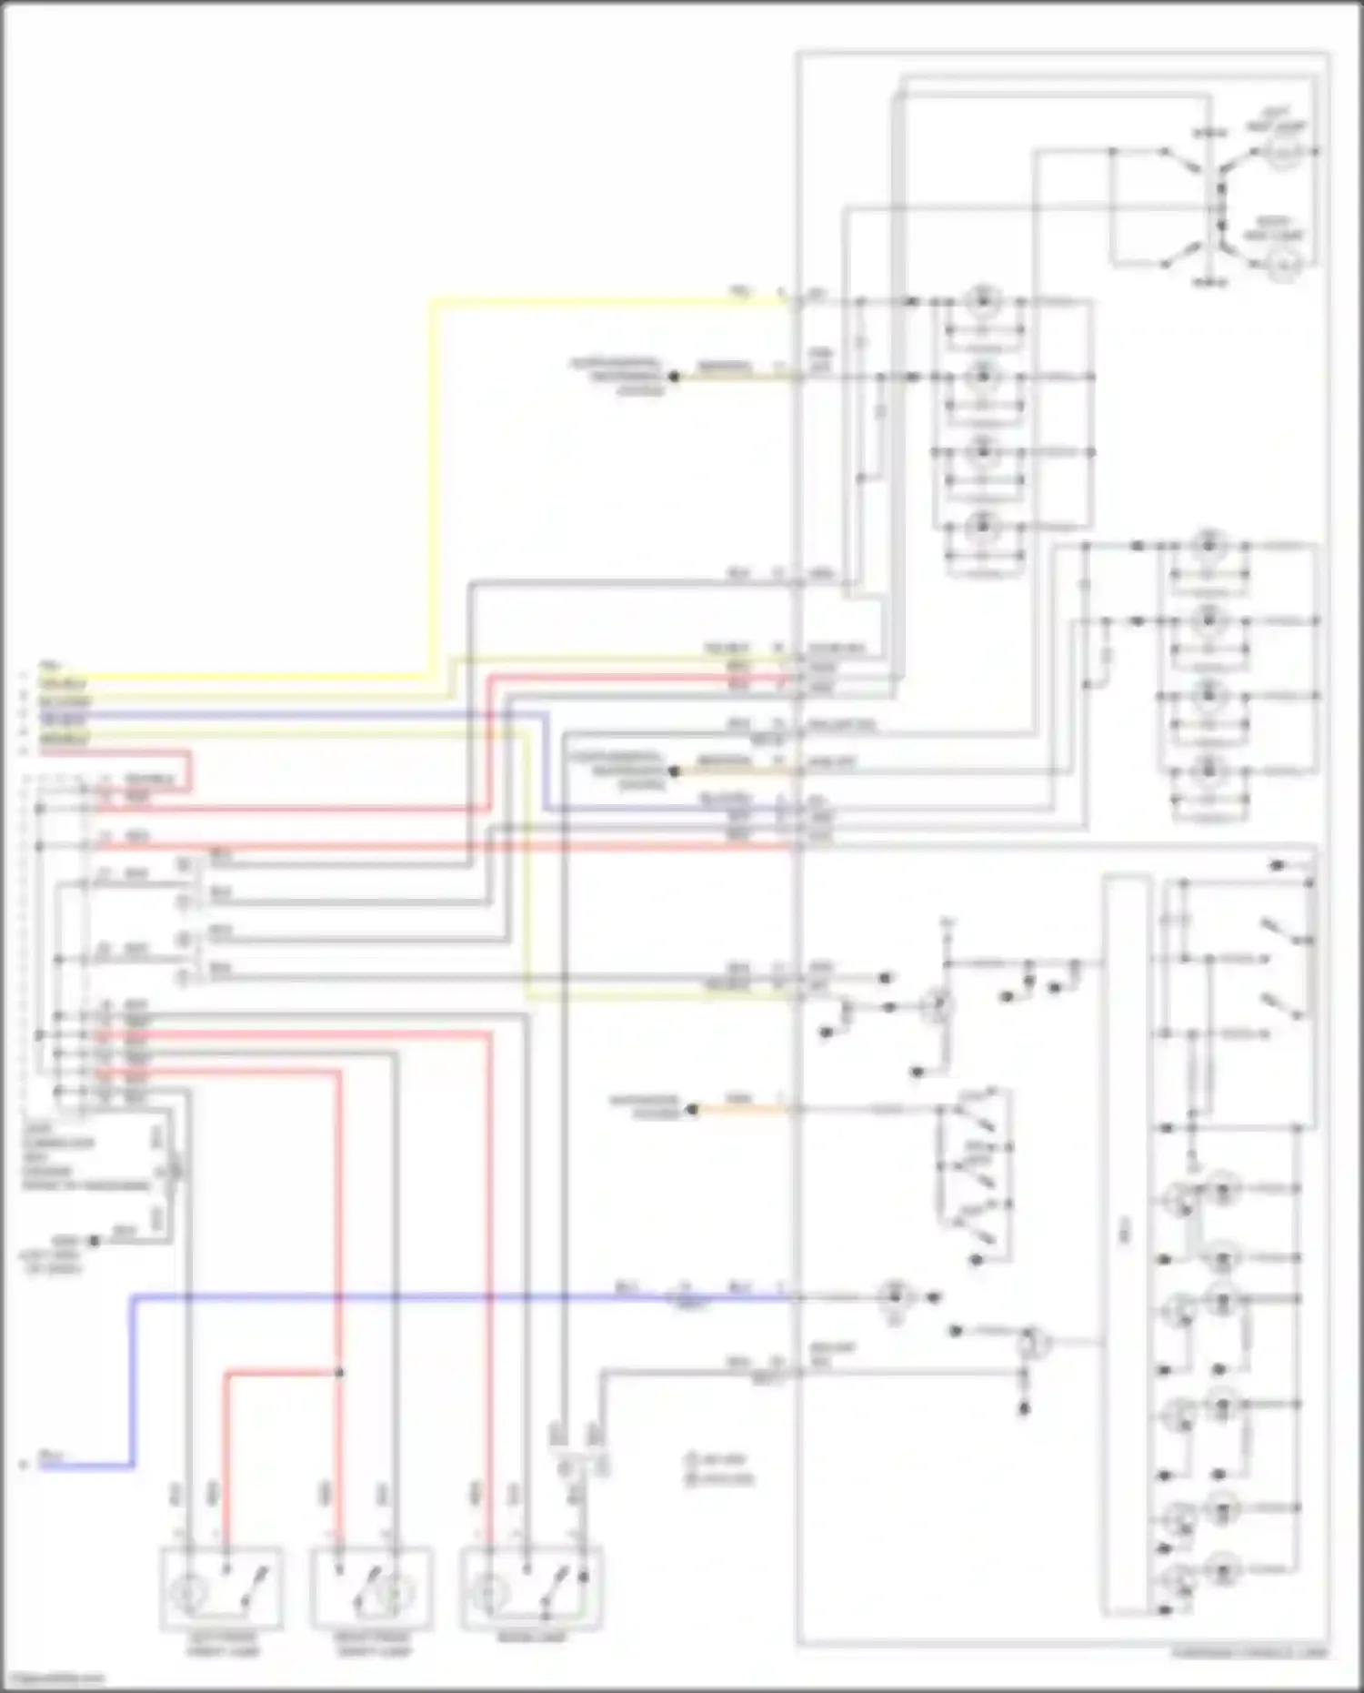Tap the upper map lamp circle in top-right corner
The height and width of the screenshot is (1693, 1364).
(1282, 155)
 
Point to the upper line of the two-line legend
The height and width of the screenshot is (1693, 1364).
(720, 1460)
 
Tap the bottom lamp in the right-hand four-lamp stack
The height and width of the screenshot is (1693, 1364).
(1207, 771)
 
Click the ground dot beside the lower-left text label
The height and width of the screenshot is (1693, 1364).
(93, 1241)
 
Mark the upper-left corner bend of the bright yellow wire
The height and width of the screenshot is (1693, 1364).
(432, 300)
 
